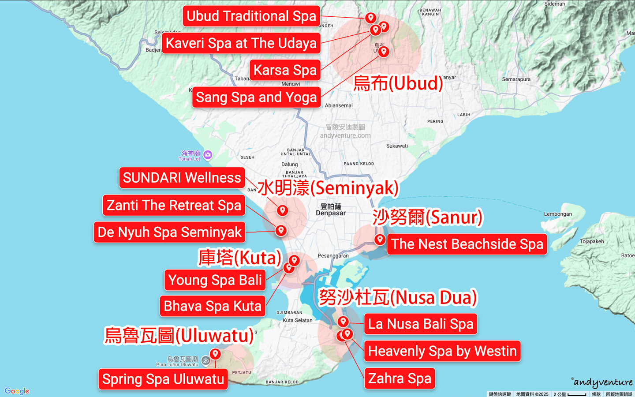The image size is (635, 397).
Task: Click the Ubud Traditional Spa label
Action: (x=251, y=16)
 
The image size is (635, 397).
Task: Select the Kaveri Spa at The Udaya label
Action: (x=241, y=43)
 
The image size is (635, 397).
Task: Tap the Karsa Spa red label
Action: (x=285, y=70)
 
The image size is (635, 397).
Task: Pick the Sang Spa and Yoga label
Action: (x=256, y=97)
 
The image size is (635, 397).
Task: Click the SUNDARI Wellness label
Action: (x=182, y=178)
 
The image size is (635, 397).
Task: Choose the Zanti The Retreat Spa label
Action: (x=174, y=205)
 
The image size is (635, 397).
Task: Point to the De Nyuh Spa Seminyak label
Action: (x=170, y=232)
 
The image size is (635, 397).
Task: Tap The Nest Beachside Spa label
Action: (x=467, y=244)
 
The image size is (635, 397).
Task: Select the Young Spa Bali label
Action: (x=215, y=280)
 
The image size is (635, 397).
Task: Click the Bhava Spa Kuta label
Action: (x=213, y=306)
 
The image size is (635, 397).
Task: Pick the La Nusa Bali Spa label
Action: (x=421, y=324)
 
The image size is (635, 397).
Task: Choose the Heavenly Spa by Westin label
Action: (x=442, y=351)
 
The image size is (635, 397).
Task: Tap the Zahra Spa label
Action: (x=400, y=378)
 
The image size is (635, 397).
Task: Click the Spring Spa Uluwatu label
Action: (x=163, y=379)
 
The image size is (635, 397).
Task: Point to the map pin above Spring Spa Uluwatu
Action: (x=215, y=354)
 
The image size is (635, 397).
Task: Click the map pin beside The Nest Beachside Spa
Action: (x=380, y=240)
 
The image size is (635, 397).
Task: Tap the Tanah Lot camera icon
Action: (x=208, y=155)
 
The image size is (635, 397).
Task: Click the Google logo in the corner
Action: (x=17, y=391)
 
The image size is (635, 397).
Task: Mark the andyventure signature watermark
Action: (x=603, y=382)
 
